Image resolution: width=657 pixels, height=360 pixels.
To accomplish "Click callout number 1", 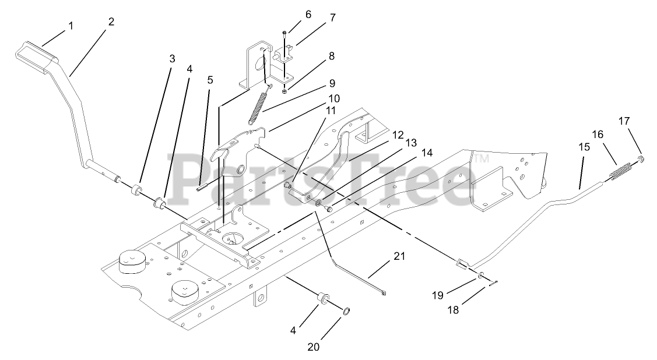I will coord(71,26).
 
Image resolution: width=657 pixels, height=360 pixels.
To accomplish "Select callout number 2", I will coord(111,22).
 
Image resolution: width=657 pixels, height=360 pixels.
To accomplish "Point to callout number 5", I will coord(210,80).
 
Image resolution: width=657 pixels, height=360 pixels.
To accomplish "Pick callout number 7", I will coord(332,17).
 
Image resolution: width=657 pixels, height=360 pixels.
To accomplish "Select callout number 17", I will coord(624,121).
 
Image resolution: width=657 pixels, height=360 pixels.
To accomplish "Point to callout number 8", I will coord(331,57).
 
